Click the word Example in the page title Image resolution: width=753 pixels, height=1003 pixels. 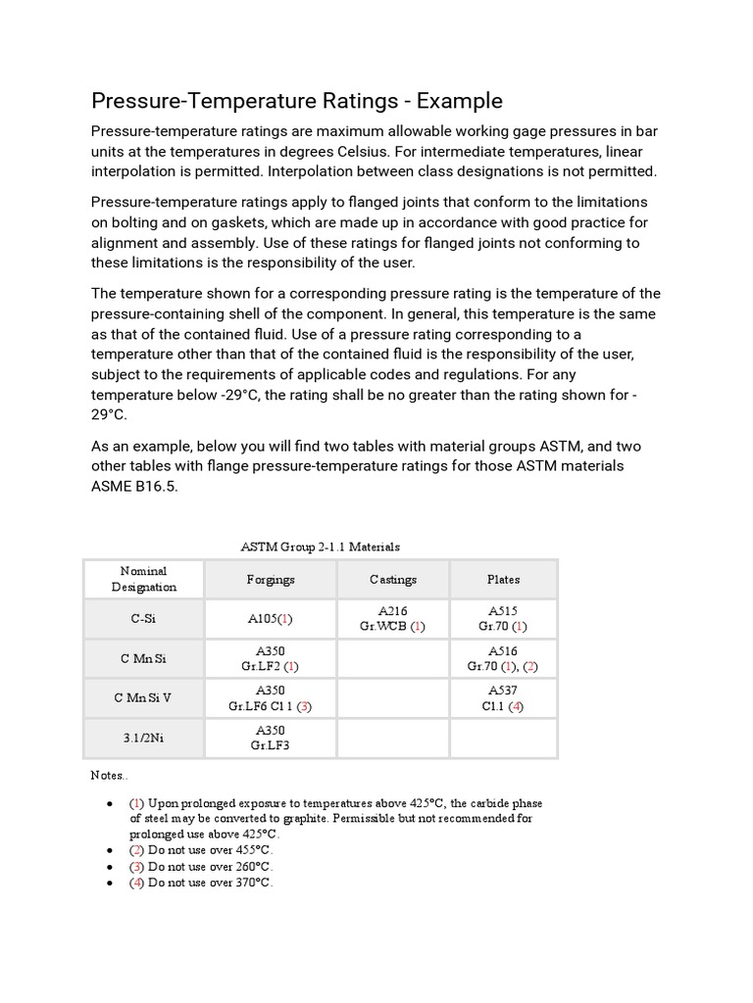click(x=456, y=101)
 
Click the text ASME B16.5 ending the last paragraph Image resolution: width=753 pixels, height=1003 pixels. click(x=134, y=487)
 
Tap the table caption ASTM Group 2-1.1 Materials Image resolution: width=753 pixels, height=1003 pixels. click(x=320, y=547)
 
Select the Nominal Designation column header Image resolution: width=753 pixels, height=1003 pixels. click(x=143, y=579)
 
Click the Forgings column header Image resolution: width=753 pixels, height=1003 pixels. click(x=271, y=579)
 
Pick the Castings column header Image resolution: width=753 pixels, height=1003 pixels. click(x=393, y=579)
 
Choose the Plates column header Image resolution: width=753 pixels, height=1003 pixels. click(x=503, y=579)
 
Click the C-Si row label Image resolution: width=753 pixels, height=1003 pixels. click(x=143, y=619)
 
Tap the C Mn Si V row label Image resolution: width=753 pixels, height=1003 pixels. click(x=143, y=698)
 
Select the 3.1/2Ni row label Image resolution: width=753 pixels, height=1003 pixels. click(x=143, y=738)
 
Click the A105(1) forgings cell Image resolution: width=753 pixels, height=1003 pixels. click(x=271, y=619)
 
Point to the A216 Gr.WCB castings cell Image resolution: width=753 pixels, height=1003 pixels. click(x=393, y=619)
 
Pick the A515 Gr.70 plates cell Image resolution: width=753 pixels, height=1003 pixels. click(x=503, y=619)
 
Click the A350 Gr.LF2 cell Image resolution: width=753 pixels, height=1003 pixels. click(x=271, y=658)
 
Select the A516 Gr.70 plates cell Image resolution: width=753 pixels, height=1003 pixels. click(x=503, y=658)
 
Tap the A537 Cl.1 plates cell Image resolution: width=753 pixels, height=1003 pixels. click(x=503, y=698)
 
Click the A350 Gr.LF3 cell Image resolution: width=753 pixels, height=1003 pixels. click(x=271, y=738)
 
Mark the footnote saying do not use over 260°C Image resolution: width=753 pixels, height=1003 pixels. click(x=202, y=866)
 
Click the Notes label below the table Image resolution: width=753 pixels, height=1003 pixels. click(x=109, y=775)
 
